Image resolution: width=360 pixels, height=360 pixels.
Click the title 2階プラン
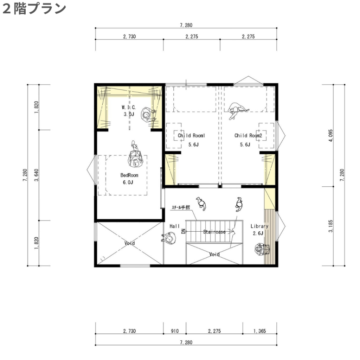click(34, 9)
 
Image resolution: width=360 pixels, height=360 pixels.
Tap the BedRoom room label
click(129, 175)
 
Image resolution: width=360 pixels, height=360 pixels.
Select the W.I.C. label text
click(129, 107)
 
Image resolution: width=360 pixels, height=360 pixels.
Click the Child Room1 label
click(191, 135)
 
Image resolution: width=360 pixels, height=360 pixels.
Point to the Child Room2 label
click(248, 135)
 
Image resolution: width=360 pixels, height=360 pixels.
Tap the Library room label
click(259, 226)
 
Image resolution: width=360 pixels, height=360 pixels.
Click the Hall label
click(174, 226)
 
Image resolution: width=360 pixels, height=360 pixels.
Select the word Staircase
click(214, 232)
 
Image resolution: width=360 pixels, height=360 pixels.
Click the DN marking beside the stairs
click(183, 231)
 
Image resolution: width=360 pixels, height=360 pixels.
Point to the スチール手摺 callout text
click(181, 207)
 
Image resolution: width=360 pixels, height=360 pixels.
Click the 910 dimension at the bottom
click(175, 331)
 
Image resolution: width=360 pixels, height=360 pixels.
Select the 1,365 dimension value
click(259, 331)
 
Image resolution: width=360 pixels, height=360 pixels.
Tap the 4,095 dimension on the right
click(330, 135)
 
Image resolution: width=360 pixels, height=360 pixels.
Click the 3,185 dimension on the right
click(330, 226)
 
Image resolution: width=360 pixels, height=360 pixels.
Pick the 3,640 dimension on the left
click(36, 175)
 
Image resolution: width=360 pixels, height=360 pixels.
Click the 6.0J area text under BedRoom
click(128, 182)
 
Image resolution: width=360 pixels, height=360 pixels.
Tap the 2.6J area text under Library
click(258, 233)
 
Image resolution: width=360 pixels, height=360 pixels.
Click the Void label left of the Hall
click(129, 243)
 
